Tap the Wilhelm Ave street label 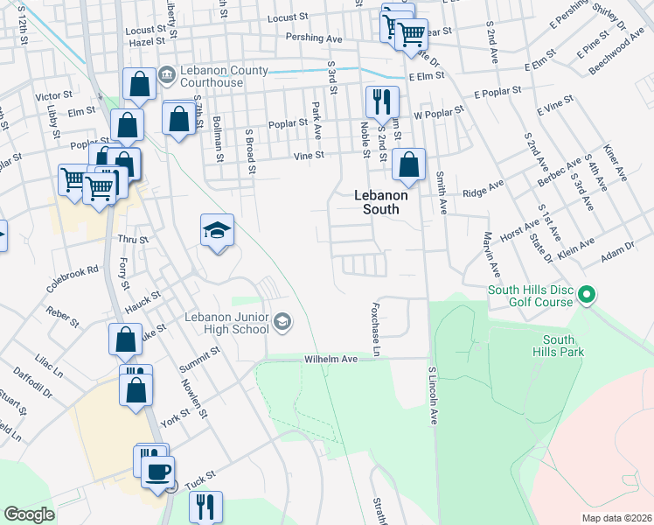(331, 359)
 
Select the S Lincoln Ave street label (432, 396)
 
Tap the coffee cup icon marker (157, 473)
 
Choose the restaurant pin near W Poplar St (379, 101)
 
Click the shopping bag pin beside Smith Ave (408, 164)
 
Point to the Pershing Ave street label (314, 38)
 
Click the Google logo (30, 514)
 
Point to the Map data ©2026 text (616, 518)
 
